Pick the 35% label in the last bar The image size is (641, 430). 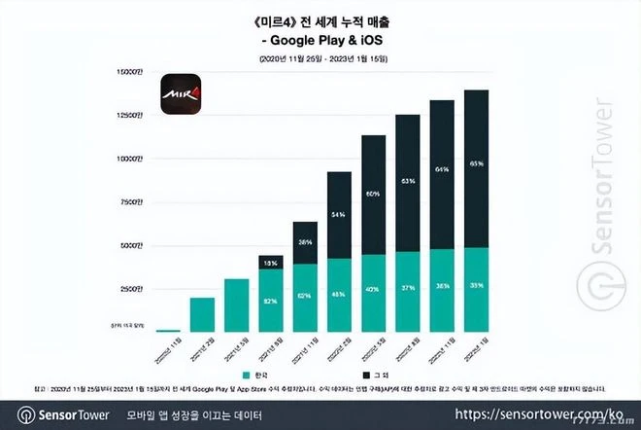476,287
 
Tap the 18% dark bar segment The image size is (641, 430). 271,262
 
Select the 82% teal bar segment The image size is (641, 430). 271,301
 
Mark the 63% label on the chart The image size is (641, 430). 408,182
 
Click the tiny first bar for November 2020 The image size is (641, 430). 168,331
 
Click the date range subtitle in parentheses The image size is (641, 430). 320,59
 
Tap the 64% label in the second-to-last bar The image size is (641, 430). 442,169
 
